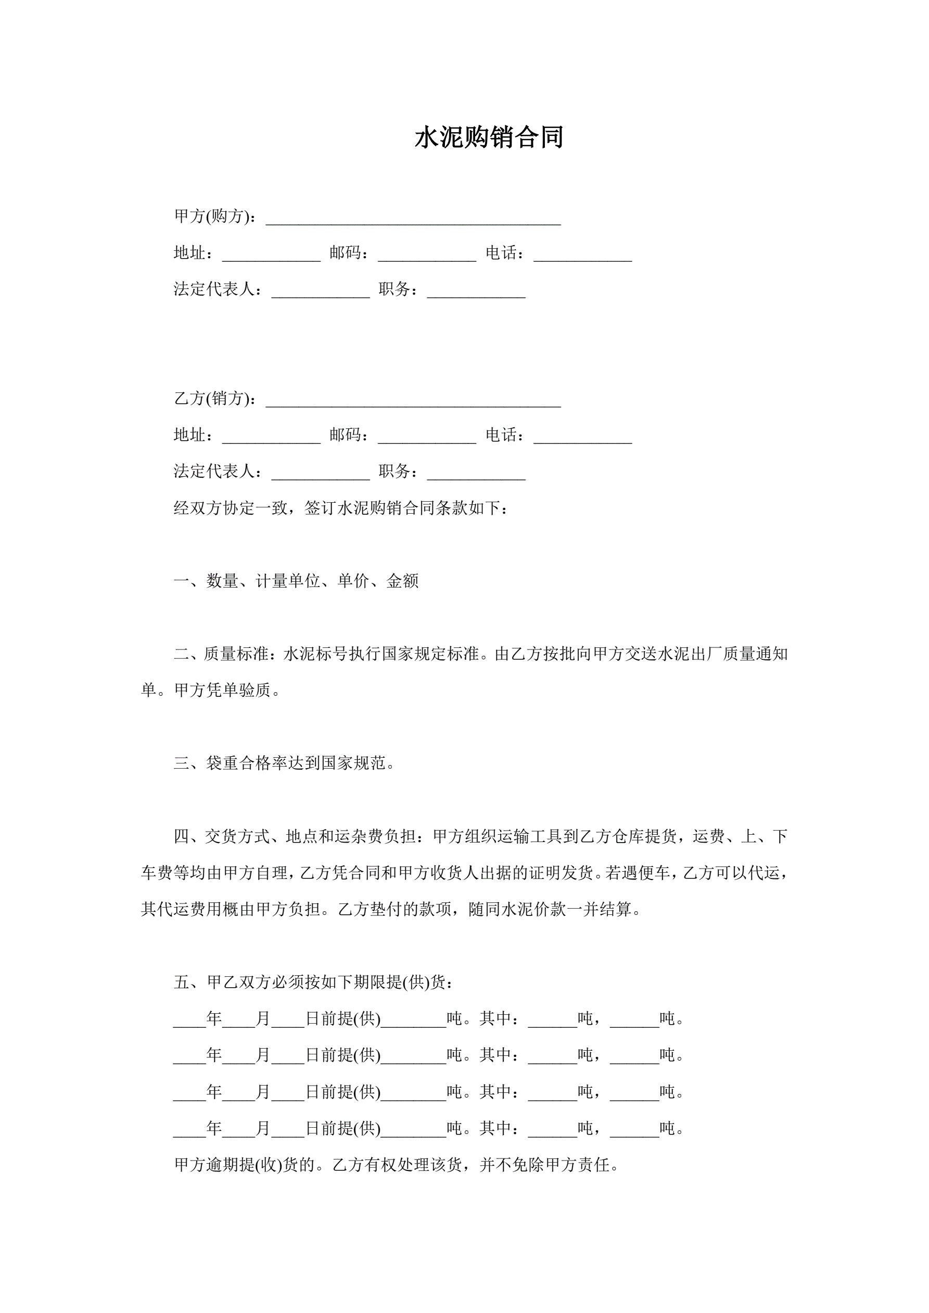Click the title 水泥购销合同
(489, 138)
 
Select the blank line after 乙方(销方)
(413, 400)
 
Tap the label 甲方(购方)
(214, 216)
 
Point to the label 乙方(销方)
(214, 399)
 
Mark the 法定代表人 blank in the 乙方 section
(321, 474)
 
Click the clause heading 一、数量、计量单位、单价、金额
(296, 581)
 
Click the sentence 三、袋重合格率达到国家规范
(284, 763)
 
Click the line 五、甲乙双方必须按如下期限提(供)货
(313, 983)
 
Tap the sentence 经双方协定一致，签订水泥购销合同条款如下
(341, 508)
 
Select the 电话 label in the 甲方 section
(503, 253)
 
